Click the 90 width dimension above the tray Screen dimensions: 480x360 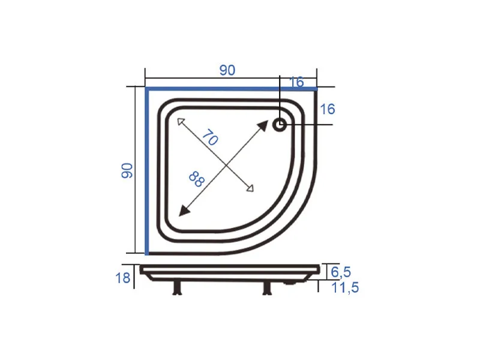pyautogui.click(x=227, y=70)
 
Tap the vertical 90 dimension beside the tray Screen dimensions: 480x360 pyautogui.click(x=127, y=170)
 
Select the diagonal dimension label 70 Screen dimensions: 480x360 pyautogui.click(x=210, y=137)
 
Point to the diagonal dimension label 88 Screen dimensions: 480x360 pyautogui.click(x=197, y=179)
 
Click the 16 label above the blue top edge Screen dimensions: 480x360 pyautogui.click(x=296, y=82)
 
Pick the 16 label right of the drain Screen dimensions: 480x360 pyautogui.click(x=327, y=109)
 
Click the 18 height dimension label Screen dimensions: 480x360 pyautogui.click(x=123, y=278)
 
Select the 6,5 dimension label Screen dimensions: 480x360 pyautogui.click(x=341, y=272)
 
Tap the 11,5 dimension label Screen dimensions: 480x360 pyautogui.click(x=345, y=288)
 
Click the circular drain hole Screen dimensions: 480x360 pyautogui.click(x=280, y=125)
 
